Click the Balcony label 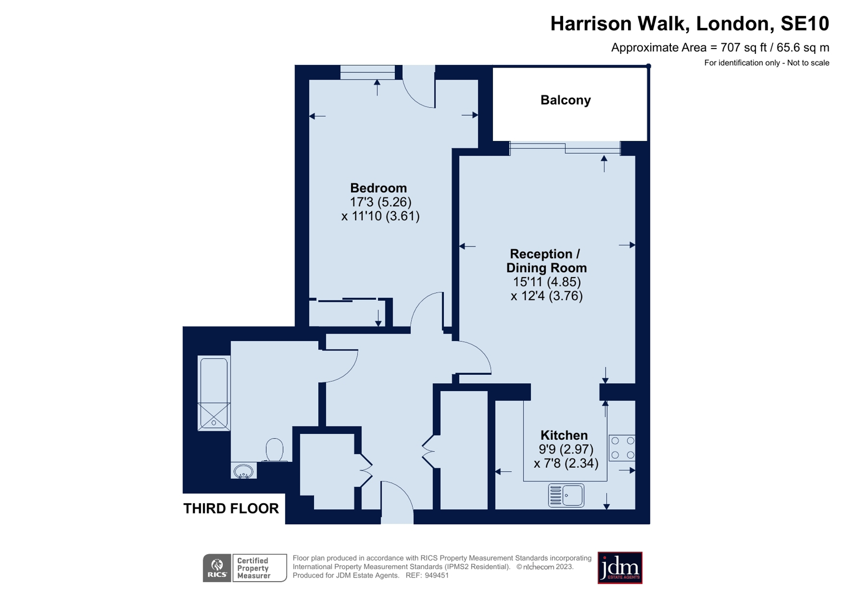pos(565,100)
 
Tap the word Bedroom pos(378,188)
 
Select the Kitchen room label pos(564,435)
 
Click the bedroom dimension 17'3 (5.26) pos(380,202)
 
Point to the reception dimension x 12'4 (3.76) pos(546,296)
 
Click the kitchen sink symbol pos(566,496)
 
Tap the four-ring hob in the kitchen pos(622,448)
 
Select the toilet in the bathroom pos(274,450)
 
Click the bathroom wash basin pos(243,470)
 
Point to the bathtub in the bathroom pos(214,393)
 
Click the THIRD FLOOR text pos(231,508)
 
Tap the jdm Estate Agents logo pos(619,567)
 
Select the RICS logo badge pos(217,568)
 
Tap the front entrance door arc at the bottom pos(397,499)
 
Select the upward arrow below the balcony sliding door pos(604,163)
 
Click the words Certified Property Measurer pos(253,568)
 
